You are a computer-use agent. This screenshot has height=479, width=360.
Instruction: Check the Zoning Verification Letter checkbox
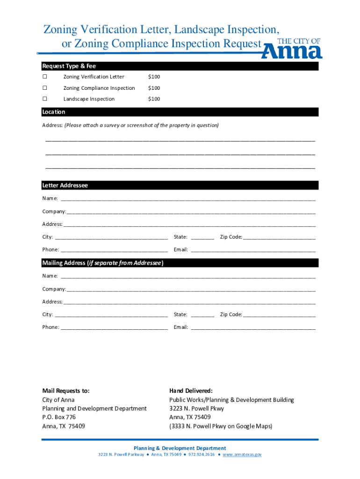coord(45,77)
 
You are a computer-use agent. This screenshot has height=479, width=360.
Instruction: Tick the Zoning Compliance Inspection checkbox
coord(45,88)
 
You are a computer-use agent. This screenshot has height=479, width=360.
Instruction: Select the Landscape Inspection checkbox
coord(45,99)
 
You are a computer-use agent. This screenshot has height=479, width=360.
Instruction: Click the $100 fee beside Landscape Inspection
coord(154,99)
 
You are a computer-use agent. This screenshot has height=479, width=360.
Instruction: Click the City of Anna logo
coord(292,49)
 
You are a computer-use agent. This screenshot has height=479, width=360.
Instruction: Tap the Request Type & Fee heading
coord(69,66)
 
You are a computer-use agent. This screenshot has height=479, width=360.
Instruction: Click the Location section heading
coord(54,112)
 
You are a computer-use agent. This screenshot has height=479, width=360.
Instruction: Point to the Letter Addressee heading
coord(65,186)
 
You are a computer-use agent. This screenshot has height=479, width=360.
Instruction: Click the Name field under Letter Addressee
coord(187,198)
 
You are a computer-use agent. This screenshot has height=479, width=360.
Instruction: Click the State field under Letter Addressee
coord(202,237)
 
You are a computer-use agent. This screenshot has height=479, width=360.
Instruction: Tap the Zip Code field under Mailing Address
coord(280,314)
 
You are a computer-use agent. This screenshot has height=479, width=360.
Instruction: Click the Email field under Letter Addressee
coord(253,249)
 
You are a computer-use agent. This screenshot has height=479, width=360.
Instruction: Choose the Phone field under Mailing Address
coord(114,327)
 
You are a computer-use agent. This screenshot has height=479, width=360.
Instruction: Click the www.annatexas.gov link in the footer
coord(242,455)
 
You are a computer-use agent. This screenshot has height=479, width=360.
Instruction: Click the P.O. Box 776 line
coord(59,417)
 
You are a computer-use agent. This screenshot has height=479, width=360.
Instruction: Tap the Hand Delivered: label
coord(191,391)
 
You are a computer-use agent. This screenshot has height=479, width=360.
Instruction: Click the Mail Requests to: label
coord(66,391)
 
